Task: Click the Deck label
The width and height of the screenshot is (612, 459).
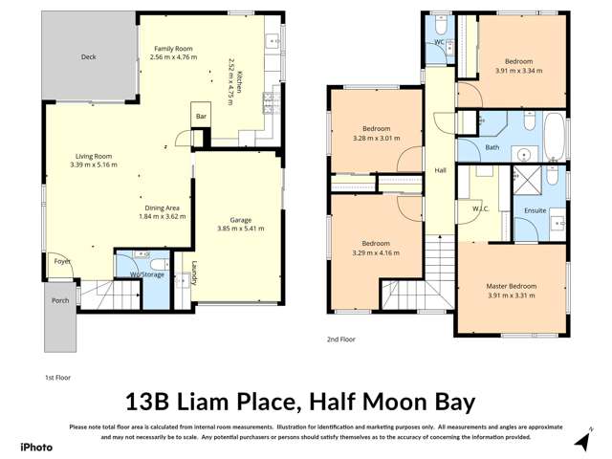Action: coord(88,57)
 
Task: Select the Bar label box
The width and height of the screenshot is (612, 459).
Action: coord(202,118)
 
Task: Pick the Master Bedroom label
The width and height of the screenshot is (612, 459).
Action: coord(511,286)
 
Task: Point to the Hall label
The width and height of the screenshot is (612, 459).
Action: coord(441,170)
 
